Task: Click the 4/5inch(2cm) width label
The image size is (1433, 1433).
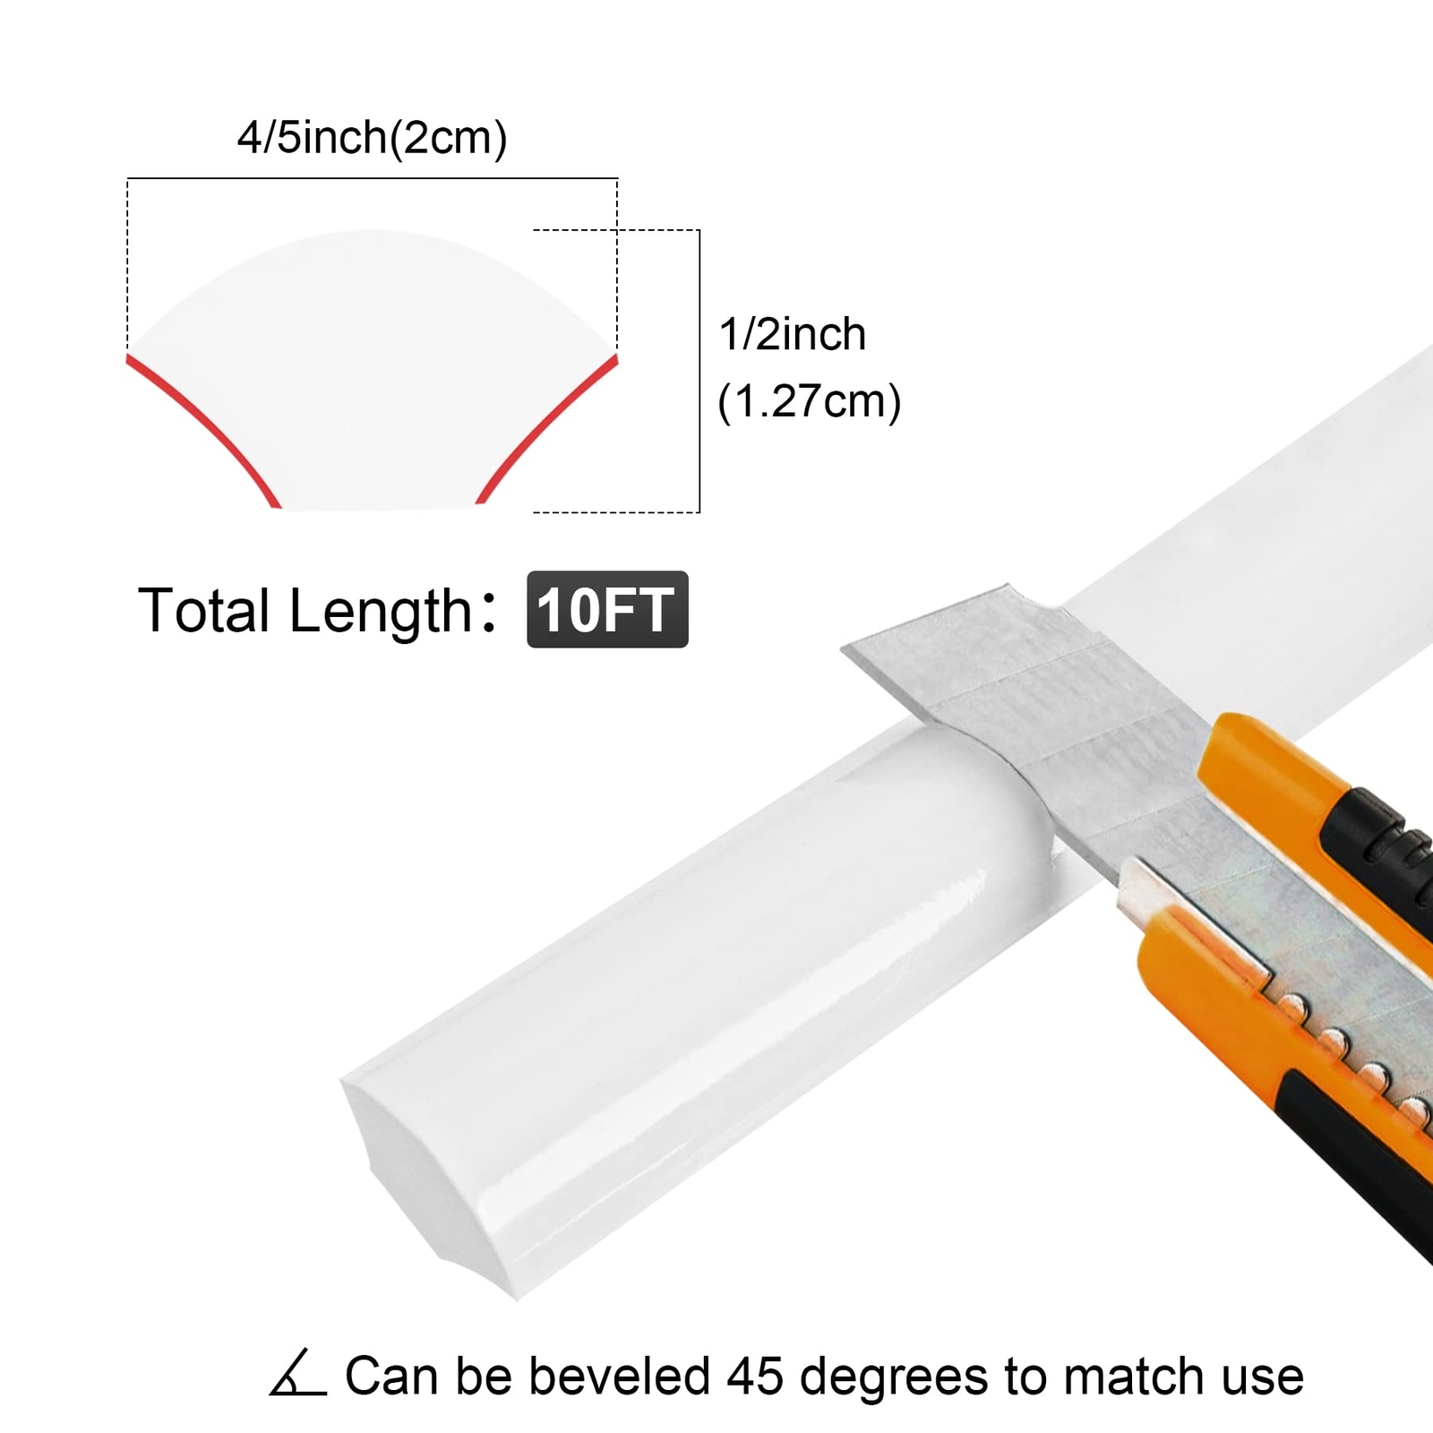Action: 372,138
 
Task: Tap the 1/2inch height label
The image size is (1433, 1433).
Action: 793,335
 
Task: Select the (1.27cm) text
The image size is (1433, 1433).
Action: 809,401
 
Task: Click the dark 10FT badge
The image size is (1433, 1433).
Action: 607,609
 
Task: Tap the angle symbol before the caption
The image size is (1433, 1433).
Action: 297,1372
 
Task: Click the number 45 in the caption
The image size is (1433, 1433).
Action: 756,1376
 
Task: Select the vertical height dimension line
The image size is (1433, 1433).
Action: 699,371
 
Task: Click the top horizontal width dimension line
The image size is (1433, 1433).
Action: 373,179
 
